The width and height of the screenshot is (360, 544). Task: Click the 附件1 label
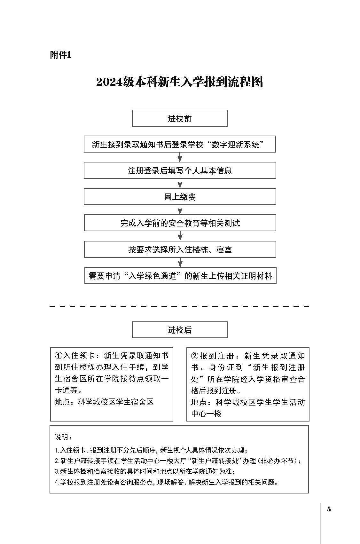click(x=60, y=55)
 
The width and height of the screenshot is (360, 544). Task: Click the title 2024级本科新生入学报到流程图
click(x=180, y=82)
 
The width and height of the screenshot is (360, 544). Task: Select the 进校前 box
click(x=180, y=118)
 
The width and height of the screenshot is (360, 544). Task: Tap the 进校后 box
click(x=180, y=330)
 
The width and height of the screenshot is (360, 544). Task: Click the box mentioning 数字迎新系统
click(x=180, y=144)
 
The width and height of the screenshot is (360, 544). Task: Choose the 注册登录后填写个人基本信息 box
click(x=180, y=170)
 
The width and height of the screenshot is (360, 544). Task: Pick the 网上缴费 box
click(x=180, y=196)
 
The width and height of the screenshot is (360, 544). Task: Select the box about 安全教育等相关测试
click(x=180, y=223)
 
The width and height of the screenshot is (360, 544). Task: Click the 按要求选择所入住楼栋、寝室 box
click(x=180, y=249)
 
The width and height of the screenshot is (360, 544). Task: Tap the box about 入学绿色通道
click(x=180, y=276)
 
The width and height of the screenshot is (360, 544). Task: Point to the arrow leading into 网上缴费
click(x=180, y=183)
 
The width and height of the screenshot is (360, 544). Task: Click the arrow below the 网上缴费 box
click(x=180, y=209)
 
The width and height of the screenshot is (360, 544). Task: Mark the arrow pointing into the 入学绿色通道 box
click(x=180, y=262)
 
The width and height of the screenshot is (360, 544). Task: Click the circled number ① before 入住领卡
click(x=59, y=356)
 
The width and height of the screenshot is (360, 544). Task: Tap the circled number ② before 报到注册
click(x=195, y=356)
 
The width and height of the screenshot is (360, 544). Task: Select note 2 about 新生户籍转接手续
click(x=178, y=461)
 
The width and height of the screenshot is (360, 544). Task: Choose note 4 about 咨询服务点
click(x=166, y=482)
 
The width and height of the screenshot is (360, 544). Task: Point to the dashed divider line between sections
click(x=179, y=306)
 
